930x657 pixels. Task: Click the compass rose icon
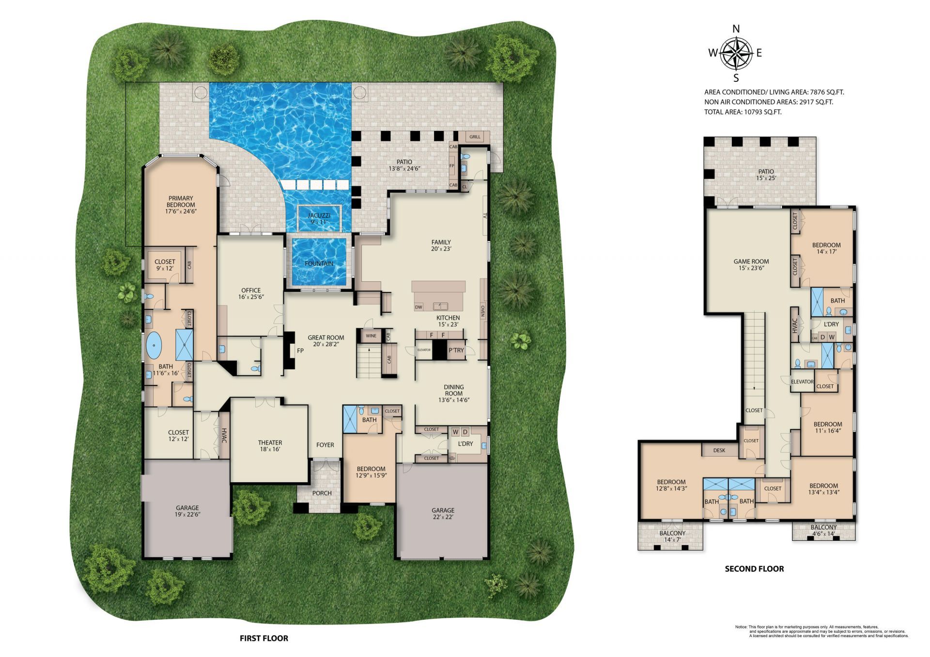tap(736, 53)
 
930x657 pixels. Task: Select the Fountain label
tap(319, 263)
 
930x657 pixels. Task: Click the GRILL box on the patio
tap(475, 137)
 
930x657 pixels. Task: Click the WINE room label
tap(371, 336)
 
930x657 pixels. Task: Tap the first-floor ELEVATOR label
tap(424, 350)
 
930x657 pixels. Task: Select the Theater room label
tap(270, 445)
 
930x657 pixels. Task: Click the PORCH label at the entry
tap(322, 493)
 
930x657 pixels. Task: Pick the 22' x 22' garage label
tap(443, 513)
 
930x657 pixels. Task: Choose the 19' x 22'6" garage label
tap(187, 511)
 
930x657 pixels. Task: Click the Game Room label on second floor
tap(751, 264)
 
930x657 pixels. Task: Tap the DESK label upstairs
tap(719, 450)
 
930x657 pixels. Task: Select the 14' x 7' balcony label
tap(672, 536)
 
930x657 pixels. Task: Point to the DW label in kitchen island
tap(418, 307)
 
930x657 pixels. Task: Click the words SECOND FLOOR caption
tap(754, 569)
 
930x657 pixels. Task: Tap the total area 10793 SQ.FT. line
tap(743, 112)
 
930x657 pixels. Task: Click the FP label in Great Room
tap(300, 351)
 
